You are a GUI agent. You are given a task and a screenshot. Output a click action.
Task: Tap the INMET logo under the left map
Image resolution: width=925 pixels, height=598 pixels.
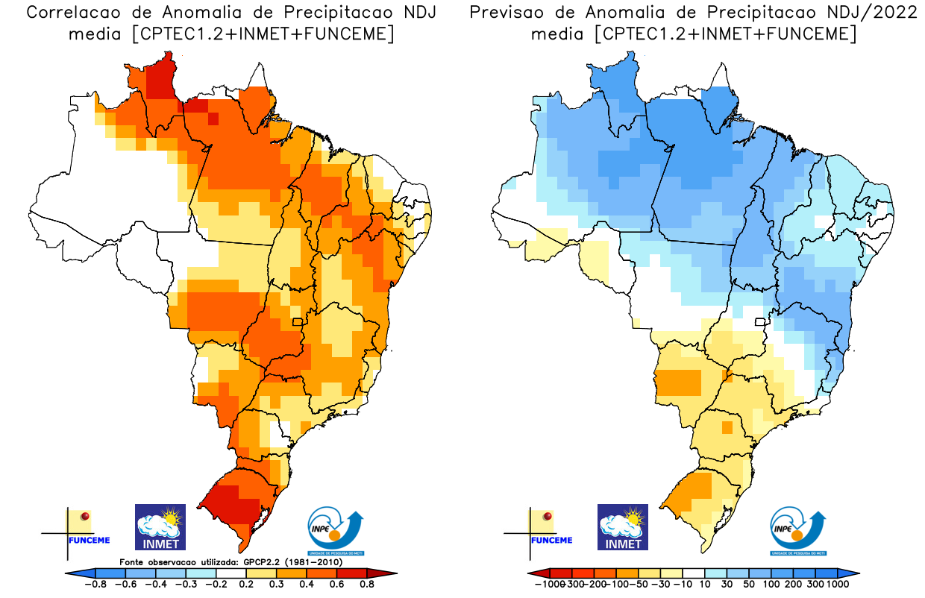160,527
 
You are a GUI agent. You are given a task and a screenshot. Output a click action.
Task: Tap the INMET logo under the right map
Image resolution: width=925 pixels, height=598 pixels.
623,527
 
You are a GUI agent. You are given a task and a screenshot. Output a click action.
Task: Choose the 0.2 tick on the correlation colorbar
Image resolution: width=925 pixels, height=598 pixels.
246,585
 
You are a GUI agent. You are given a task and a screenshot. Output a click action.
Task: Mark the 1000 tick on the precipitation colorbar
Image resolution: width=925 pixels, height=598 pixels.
836,585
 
